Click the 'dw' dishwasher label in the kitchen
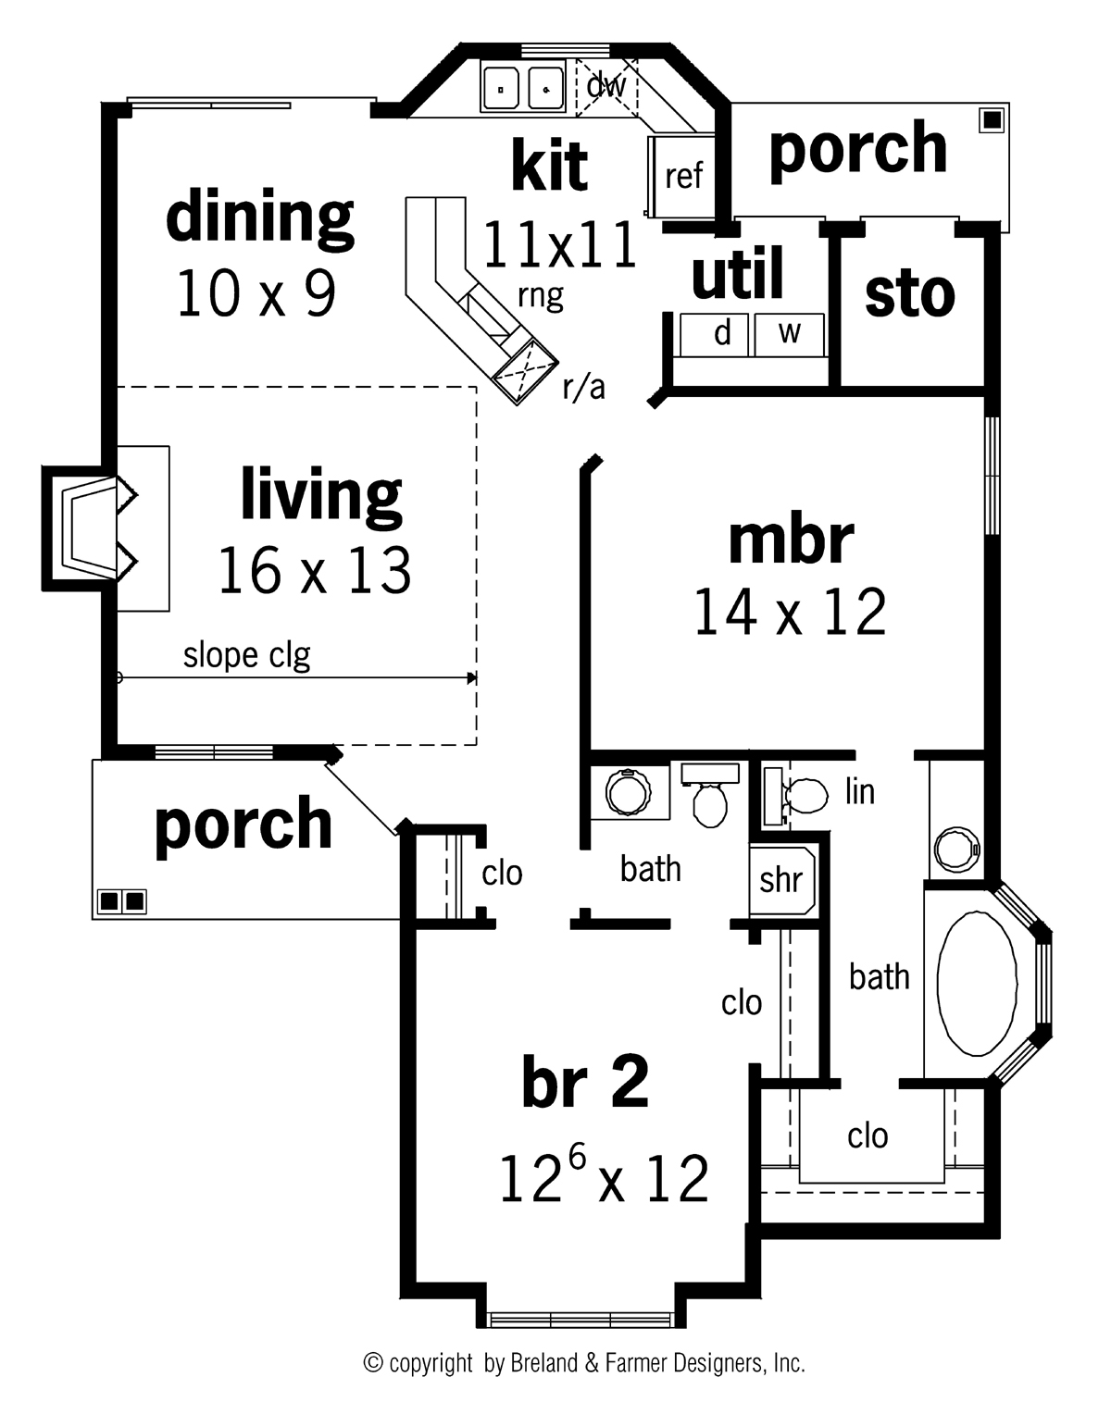606,86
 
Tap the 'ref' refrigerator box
683,175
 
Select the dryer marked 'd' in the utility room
722,333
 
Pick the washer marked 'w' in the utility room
789,333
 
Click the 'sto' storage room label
909,294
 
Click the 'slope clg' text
246,655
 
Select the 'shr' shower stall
780,879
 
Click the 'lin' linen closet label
859,791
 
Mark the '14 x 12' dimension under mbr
790,613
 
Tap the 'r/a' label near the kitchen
583,388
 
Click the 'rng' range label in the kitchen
541,296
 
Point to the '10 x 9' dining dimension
256,294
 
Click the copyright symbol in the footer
374,1362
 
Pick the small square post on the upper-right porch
992,119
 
